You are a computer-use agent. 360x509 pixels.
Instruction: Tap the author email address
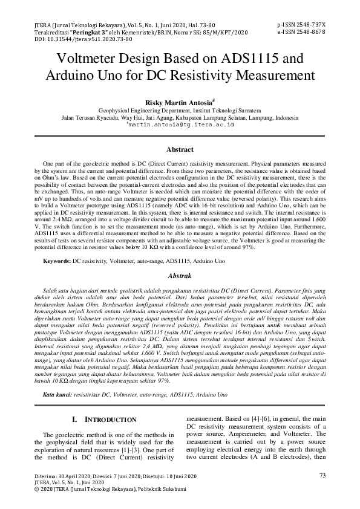pos(180,125)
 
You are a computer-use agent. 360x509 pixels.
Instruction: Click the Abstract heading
pos(180,149)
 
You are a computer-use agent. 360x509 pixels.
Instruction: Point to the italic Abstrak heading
pos(180,276)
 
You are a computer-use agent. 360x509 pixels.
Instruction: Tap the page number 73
pos(322,476)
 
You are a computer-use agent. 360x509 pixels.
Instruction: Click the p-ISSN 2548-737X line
pos(301,25)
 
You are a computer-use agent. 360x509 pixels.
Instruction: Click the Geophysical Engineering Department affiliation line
pos(180,112)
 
